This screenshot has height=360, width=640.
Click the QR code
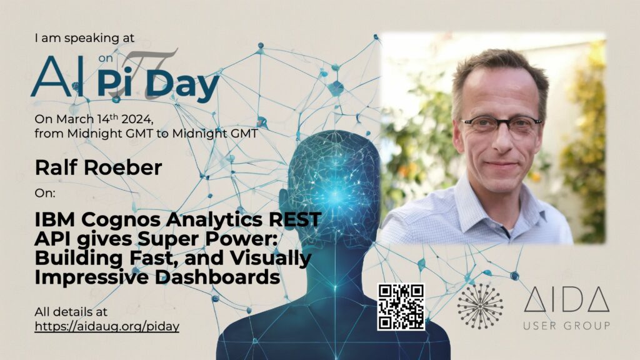coord(401,306)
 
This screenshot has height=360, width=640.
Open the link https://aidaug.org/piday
coord(107,326)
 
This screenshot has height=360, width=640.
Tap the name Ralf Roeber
coord(98,167)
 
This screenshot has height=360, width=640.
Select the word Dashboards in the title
coord(217,277)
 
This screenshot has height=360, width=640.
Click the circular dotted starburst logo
coord(480,306)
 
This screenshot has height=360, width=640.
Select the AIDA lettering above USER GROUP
coord(566,299)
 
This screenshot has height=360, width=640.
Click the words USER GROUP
coord(566,326)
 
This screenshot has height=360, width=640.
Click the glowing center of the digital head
coord(336,195)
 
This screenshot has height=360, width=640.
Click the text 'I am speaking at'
coord(84,38)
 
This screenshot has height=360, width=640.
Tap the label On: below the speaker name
coord(45,193)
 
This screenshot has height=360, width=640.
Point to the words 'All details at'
coord(71,312)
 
